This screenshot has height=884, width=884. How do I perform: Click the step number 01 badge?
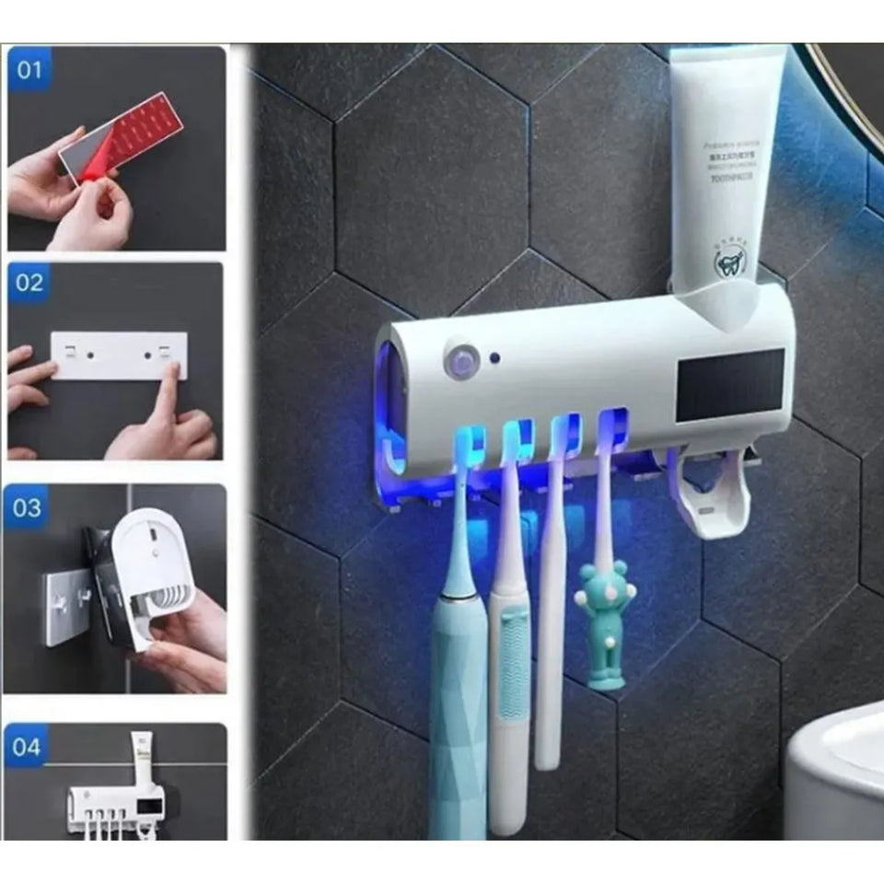[x=29, y=70]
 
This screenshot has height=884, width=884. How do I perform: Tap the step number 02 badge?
[x=29, y=283]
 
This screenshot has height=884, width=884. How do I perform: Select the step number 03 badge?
[x=29, y=507]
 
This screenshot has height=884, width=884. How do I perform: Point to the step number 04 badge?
[x=29, y=744]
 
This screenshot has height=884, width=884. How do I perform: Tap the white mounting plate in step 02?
[x=118, y=355]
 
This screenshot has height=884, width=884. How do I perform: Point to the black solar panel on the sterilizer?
[x=729, y=385]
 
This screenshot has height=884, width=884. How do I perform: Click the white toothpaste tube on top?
[x=725, y=166]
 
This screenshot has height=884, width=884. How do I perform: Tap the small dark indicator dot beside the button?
[x=494, y=357]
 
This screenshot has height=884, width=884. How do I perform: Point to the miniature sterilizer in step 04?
[x=115, y=806]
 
